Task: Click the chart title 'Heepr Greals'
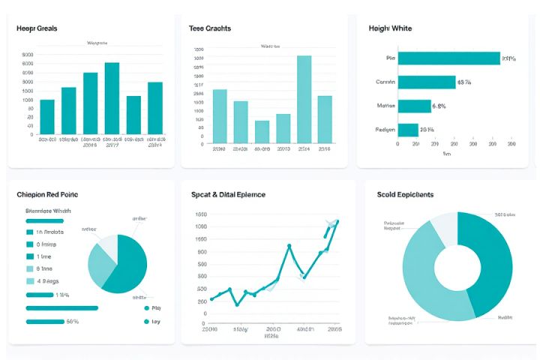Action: click(x=37, y=28)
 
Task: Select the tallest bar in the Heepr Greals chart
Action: click(x=112, y=98)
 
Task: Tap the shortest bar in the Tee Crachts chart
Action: click(x=262, y=131)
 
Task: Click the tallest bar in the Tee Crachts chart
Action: click(x=304, y=99)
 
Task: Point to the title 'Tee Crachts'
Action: click(x=210, y=28)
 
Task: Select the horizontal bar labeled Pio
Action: click(x=448, y=58)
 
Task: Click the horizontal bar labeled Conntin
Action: click(x=426, y=82)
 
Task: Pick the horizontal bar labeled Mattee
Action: click(x=414, y=106)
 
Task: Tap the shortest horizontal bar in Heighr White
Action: click(x=407, y=130)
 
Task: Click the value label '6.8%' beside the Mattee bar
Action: click(x=438, y=106)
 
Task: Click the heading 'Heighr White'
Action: click(x=390, y=28)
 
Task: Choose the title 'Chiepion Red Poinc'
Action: click(x=47, y=194)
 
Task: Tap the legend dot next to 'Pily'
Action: click(x=145, y=307)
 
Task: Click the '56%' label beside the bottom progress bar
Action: click(x=73, y=322)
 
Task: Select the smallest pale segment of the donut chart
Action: click(x=443, y=226)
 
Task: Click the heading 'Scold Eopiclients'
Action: click(x=405, y=194)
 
